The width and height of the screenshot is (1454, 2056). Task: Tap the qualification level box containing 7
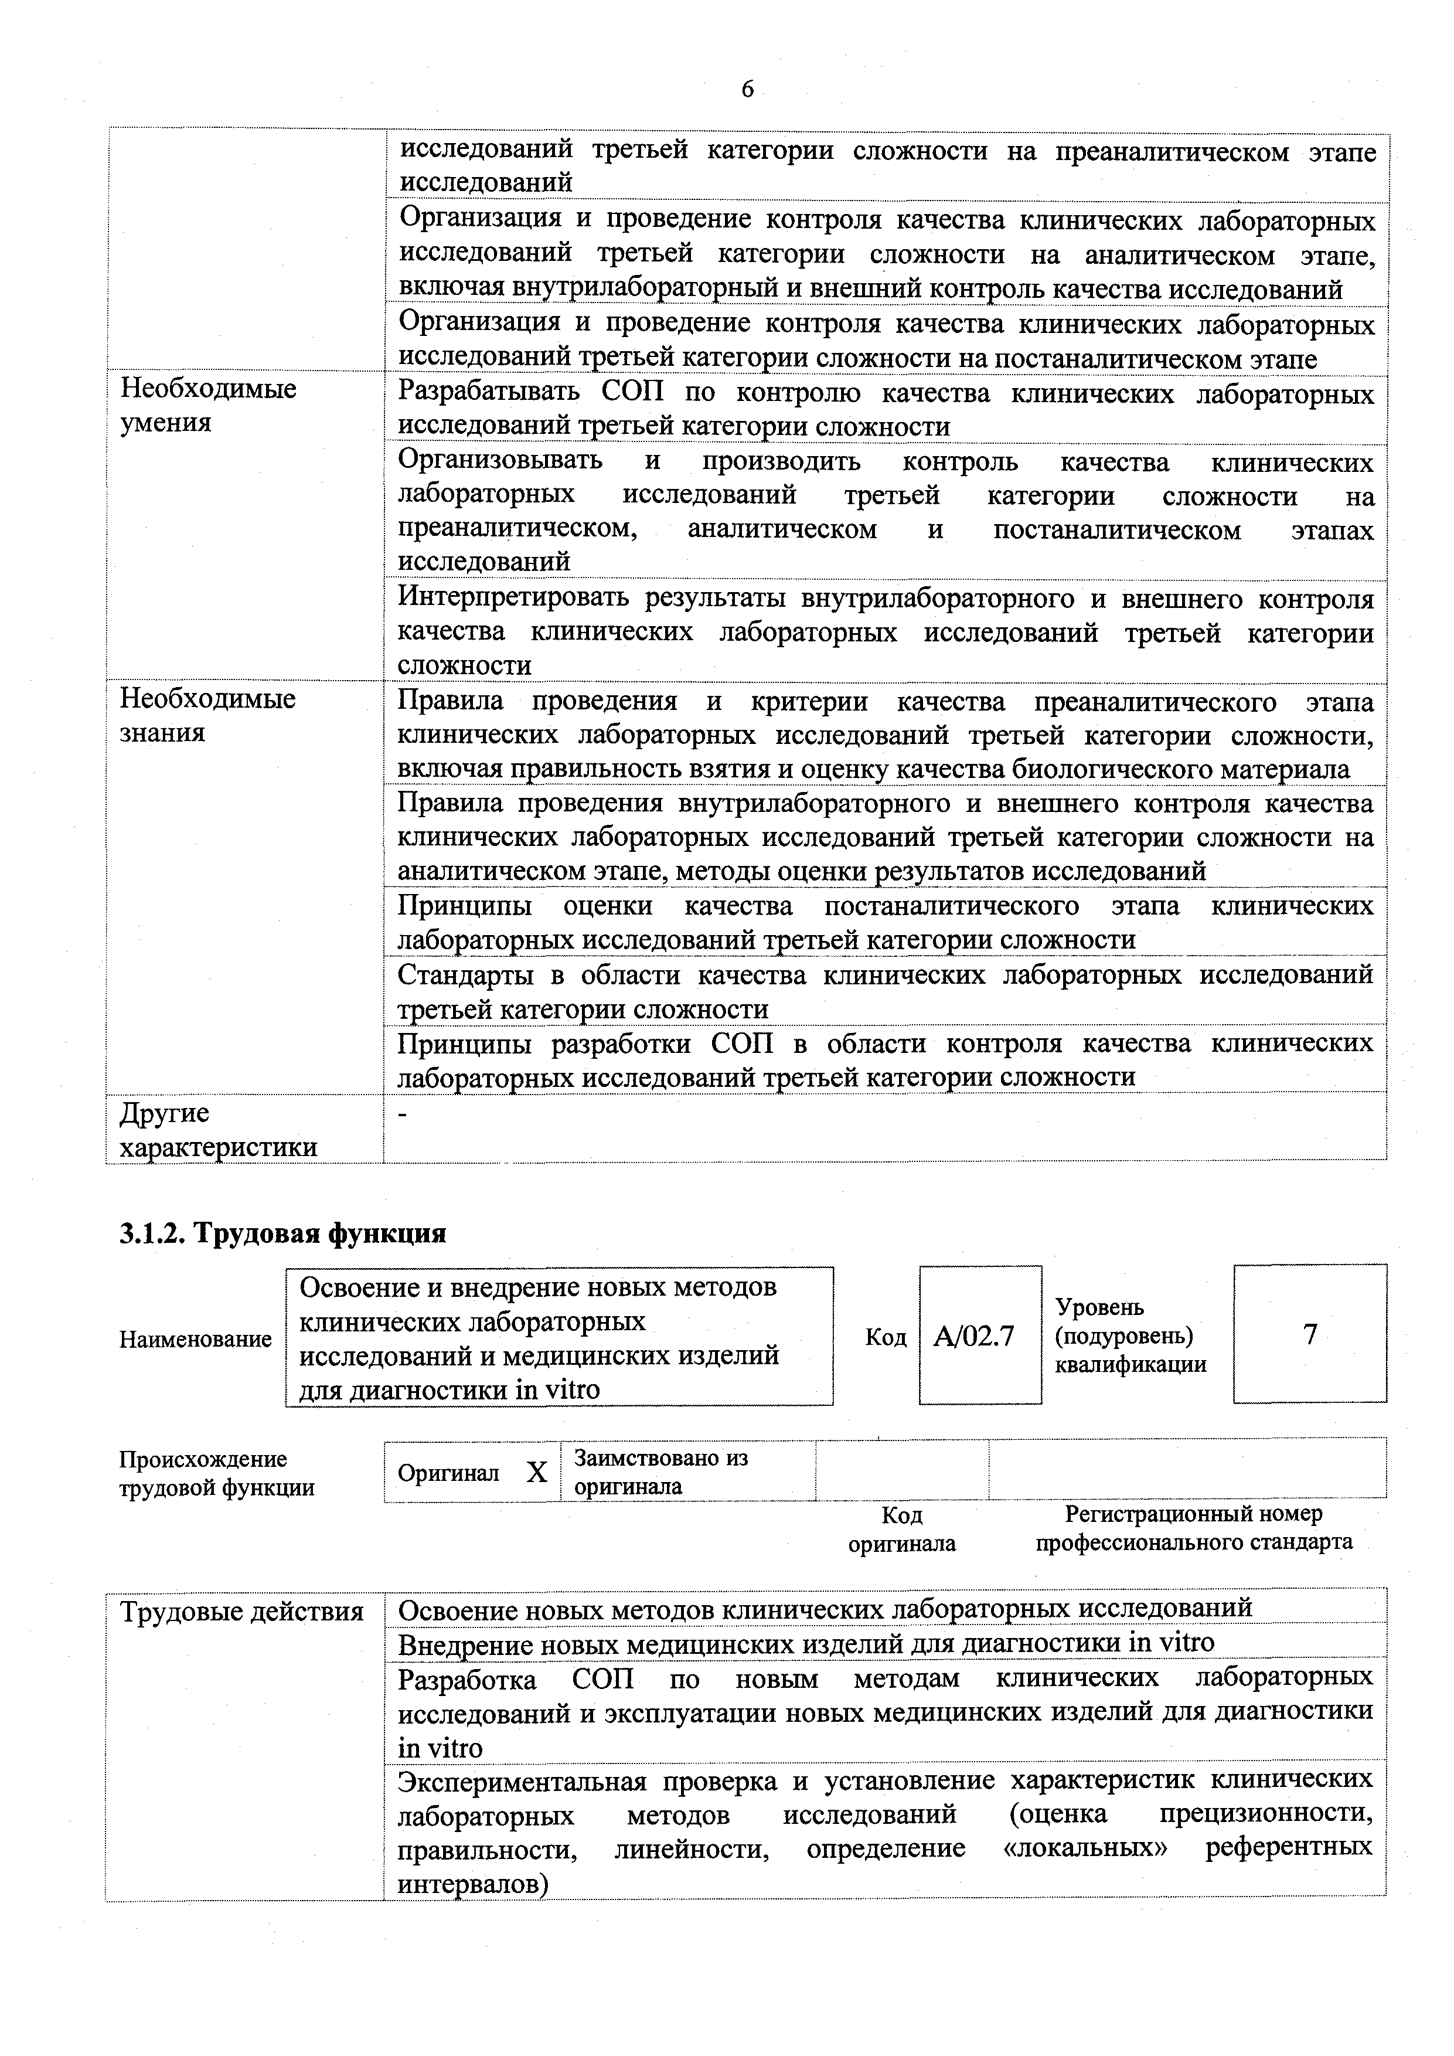tap(1309, 1334)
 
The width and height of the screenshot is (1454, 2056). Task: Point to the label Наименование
tap(195, 1339)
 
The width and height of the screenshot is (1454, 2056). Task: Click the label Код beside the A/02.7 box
tap(886, 1337)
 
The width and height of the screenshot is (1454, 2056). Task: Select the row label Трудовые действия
tap(241, 1612)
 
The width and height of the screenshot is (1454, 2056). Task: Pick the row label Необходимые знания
tap(207, 715)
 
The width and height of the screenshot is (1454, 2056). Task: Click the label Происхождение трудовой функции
tap(217, 1473)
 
